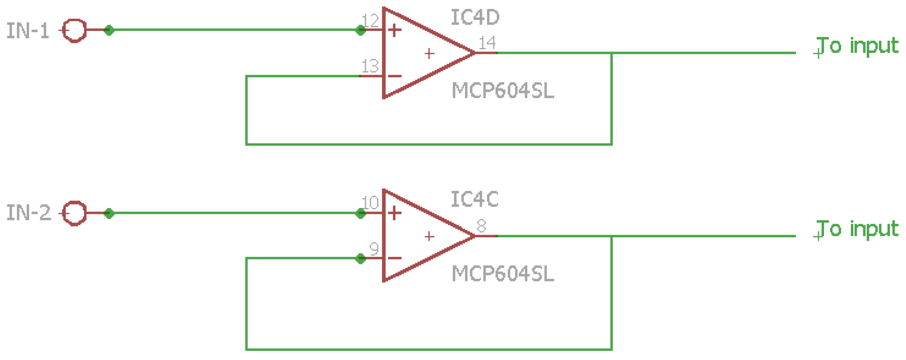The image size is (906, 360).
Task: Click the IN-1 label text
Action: click(28, 31)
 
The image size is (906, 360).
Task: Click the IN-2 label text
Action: click(28, 213)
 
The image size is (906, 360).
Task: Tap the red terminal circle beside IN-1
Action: click(74, 31)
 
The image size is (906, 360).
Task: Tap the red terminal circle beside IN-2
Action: click(74, 213)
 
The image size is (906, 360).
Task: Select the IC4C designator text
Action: click(474, 200)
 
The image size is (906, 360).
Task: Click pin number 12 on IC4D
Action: click(370, 21)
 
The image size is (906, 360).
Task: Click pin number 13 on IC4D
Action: click(370, 66)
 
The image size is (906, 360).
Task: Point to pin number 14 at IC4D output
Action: click(487, 43)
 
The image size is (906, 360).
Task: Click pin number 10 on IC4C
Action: click(370, 203)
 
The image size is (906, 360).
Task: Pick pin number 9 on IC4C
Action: click(374, 248)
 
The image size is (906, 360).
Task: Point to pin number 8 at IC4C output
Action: click(481, 226)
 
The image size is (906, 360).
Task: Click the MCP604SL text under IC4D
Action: click(503, 91)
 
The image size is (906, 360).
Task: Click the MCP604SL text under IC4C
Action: click(503, 273)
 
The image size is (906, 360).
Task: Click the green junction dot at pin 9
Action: click(360, 259)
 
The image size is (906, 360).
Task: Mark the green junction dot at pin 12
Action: click(360, 30)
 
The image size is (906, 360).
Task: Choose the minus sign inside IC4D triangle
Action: click(395, 76)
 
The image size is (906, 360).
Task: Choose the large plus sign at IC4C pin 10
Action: click(395, 213)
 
